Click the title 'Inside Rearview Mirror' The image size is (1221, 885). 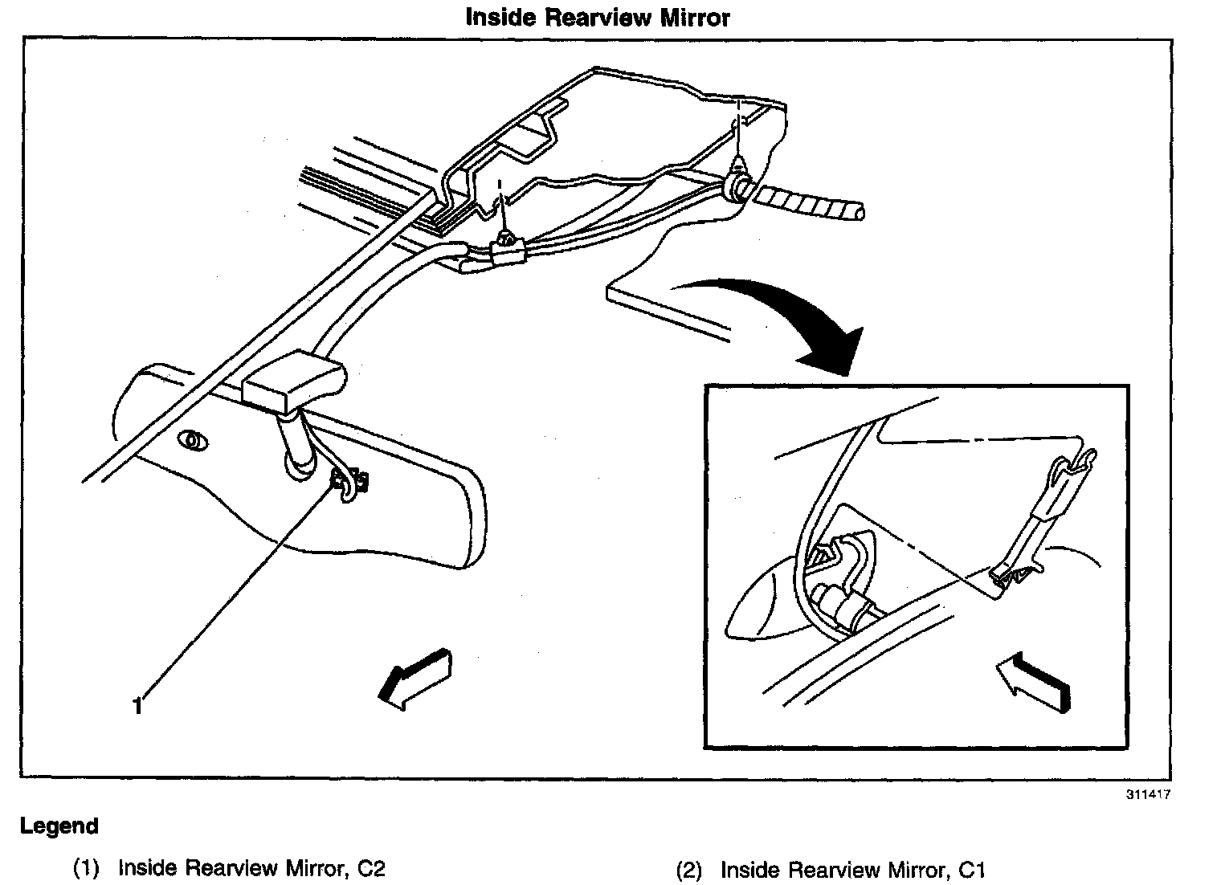click(598, 18)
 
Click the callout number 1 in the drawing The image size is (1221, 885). click(137, 705)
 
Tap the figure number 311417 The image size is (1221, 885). click(1146, 794)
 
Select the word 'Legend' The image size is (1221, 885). click(59, 826)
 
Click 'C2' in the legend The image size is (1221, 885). click(372, 868)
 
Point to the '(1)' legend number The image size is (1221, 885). click(86, 869)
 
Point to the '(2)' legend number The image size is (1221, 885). click(688, 870)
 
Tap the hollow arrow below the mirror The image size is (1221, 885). click(414, 676)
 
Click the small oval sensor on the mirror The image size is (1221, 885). click(192, 439)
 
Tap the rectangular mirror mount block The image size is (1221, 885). click(292, 383)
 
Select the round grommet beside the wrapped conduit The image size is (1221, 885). click(737, 188)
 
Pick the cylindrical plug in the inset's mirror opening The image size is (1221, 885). click(837, 602)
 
